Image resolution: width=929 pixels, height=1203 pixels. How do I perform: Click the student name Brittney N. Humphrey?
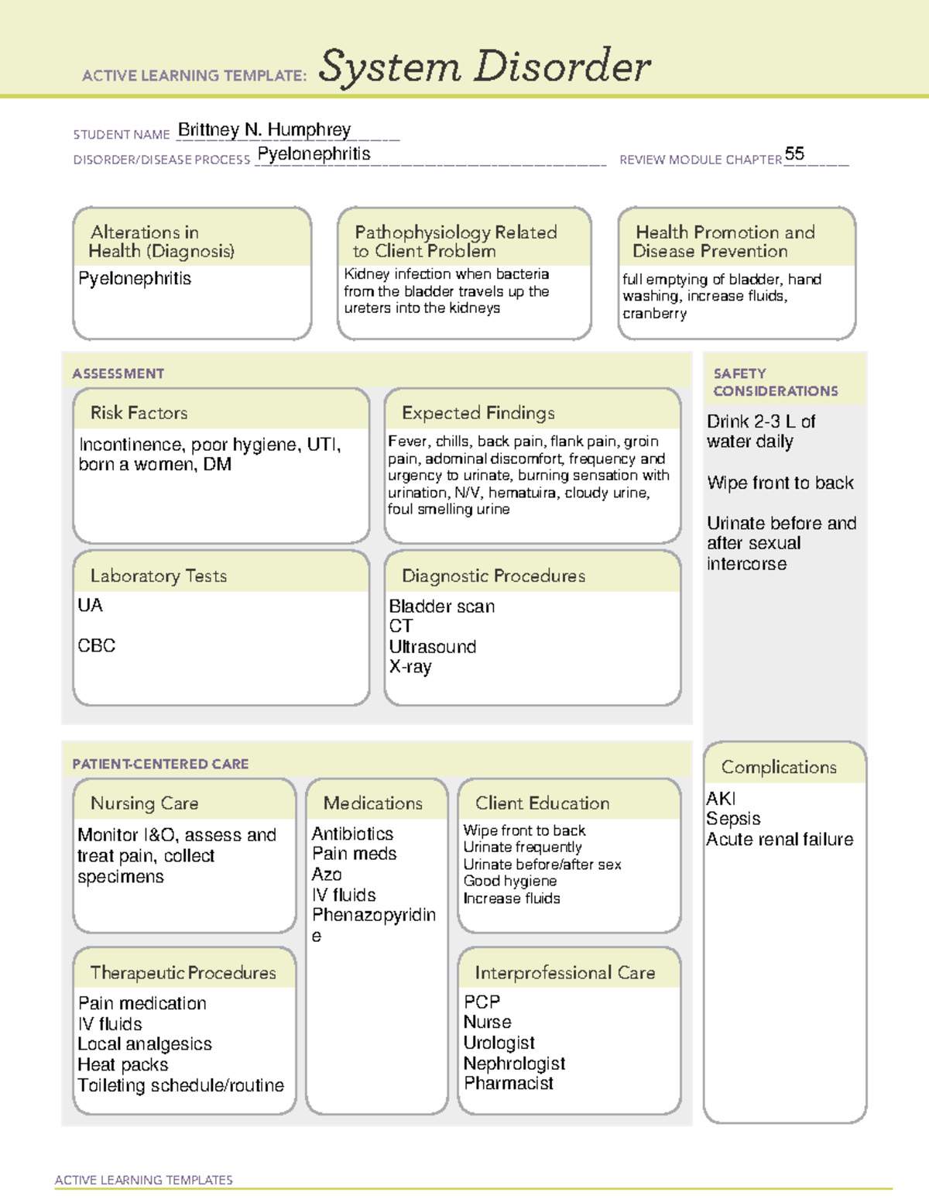coord(264,129)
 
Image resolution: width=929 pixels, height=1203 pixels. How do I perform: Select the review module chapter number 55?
coord(794,153)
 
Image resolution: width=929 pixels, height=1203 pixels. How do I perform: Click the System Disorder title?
coord(484,67)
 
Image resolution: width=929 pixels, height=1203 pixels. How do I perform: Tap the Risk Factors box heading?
coord(139,413)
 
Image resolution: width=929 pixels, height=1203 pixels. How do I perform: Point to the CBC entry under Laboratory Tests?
coord(97,645)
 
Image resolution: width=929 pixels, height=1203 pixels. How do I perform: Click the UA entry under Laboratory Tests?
coord(90,605)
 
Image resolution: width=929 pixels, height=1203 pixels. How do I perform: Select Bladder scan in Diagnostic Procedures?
coord(441,607)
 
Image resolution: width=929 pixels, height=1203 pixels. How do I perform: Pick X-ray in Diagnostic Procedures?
coord(410,667)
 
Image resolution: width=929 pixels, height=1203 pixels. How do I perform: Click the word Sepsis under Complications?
coord(733,819)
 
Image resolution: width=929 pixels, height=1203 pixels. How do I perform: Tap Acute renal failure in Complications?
coord(780,840)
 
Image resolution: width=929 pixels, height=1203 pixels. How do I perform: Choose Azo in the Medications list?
coord(327,875)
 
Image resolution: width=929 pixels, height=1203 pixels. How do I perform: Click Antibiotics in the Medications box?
coord(352,834)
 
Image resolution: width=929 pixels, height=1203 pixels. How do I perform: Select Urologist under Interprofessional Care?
coord(499,1043)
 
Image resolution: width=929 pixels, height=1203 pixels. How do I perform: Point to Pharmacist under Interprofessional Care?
coord(509,1084)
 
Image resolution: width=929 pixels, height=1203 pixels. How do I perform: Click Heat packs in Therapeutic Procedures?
coord(123,1065)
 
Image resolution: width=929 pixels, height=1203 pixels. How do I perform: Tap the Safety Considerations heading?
coord(775,382)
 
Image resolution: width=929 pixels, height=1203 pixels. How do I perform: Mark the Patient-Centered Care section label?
coord(160,764)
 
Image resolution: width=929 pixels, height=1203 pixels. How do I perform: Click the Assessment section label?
coord(118,373)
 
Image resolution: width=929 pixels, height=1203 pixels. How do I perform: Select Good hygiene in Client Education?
coord(510,881)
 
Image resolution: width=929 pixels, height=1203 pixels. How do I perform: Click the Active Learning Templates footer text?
coord(143,1180)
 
